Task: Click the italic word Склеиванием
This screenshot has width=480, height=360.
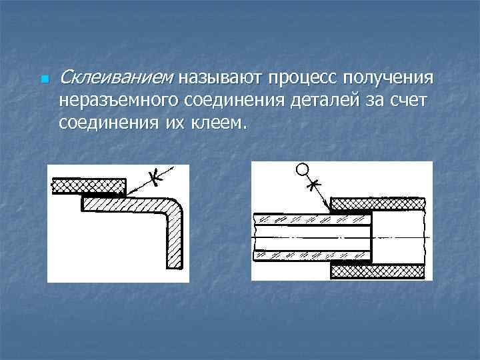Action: coord(114,79)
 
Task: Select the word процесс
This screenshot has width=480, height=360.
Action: coord(303,79)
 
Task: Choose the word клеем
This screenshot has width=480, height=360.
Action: coord(219,123)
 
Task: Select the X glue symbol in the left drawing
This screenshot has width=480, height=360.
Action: coord(154,177)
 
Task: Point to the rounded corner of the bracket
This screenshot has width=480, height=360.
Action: coord(175,203)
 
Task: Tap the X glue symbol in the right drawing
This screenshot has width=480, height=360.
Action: coord(315,182)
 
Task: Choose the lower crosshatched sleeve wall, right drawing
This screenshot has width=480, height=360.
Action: coord(377,271)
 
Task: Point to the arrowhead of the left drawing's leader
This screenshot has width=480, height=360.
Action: coord(129,192)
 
